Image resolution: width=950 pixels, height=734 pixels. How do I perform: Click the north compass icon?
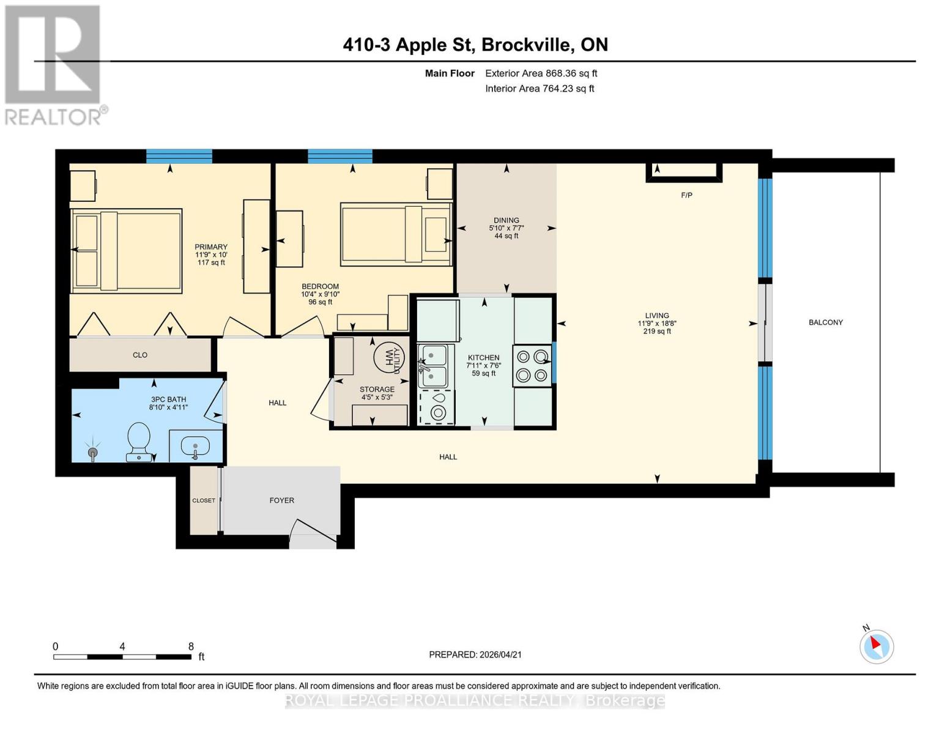coord(877,646)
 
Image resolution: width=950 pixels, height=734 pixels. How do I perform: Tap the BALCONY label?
coord(825,322)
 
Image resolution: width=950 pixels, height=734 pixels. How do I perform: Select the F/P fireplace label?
coord(686,195)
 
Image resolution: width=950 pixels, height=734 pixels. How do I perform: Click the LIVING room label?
coord(656,316)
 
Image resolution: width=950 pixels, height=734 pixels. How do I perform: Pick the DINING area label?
coord(506,220)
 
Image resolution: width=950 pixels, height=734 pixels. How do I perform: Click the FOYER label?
coord(281,500)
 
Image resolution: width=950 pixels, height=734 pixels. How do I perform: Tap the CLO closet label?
coord(140,355)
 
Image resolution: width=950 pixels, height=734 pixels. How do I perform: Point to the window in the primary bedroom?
coord(179,157)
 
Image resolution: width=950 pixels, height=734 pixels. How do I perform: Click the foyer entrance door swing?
coord(313,533)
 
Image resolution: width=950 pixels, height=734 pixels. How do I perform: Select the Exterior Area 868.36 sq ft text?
coord(541,73)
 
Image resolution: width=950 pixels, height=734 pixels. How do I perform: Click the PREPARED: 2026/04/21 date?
coord(475,654)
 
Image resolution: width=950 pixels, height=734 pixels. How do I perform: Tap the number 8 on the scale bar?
coord(191,647)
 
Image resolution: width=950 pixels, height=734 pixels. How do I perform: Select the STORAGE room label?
coord(377,389)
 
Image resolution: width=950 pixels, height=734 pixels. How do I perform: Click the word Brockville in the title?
coord(528,45)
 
